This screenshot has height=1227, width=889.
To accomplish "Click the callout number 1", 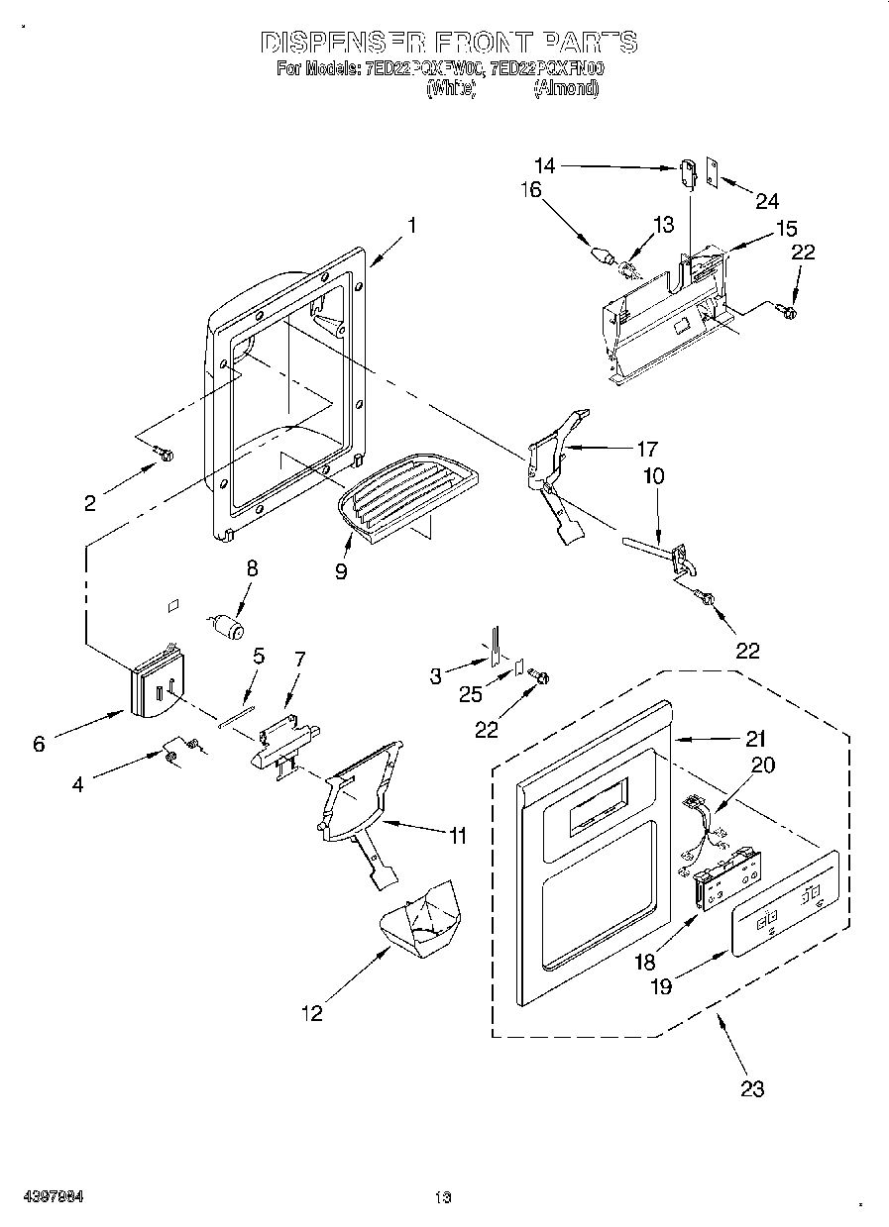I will pyautogui.click(x=411, y=225).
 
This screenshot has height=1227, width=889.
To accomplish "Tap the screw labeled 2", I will pyautogui.click(x=164, y=455).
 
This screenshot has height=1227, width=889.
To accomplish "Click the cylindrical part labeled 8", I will pyautogui.click(x=229, y=627).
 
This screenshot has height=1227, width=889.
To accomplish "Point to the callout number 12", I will pyautogui.click(x=311, y=1013).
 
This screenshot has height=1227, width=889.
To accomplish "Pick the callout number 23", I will pyautogui.click(x=752, y=1089).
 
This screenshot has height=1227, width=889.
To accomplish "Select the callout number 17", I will pyautogui.click(x=647, y=448).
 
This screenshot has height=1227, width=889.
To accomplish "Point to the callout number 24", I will pyautogui.click(x=767, y=201).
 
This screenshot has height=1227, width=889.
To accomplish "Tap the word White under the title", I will pyautogui.click(x=451, y=88).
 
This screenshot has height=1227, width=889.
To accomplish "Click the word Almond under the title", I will pyautogui.click(x=566, y=88).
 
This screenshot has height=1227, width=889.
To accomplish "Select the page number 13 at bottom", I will pyautogui.click(x=442, y=1197).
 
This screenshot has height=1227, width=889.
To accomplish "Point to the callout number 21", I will pyautogui.click(x=755, y=738).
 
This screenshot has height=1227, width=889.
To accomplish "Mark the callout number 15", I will pyautogui.click(x=786, y=229).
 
